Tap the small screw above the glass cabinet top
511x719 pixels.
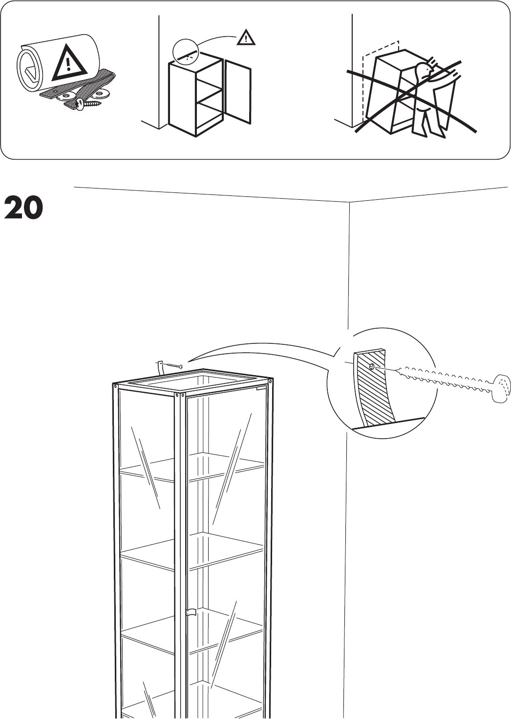point(174,366)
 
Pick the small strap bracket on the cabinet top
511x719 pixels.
point(159,368)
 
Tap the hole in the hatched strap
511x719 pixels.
point(372,366)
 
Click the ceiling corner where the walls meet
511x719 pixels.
point(350,201)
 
